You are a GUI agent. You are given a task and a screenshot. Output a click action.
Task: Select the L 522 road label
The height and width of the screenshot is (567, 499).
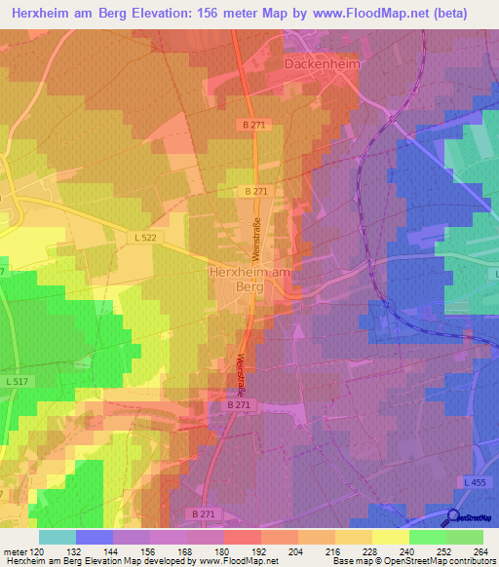pyautogui.click(x=145, y=237)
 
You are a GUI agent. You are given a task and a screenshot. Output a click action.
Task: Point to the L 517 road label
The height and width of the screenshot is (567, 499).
pyautogui.click(x=16, y=381)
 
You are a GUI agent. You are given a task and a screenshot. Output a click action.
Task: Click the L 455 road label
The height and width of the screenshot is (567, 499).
pyautogui.click(x=475, y=483)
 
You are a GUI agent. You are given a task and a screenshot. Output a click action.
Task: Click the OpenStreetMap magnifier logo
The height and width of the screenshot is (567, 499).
pyautogui.click(x=455, y=519)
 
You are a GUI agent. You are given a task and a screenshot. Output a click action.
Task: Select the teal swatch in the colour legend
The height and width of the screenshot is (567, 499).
pyautogui.click(x=57, y=537)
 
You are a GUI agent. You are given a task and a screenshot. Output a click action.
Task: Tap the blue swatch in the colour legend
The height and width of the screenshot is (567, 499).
pyautogui.click(x=94, y=537)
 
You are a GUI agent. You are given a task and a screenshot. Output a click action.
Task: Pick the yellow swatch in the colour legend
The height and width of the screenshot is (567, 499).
pyautogui.click(x=390, y=537)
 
